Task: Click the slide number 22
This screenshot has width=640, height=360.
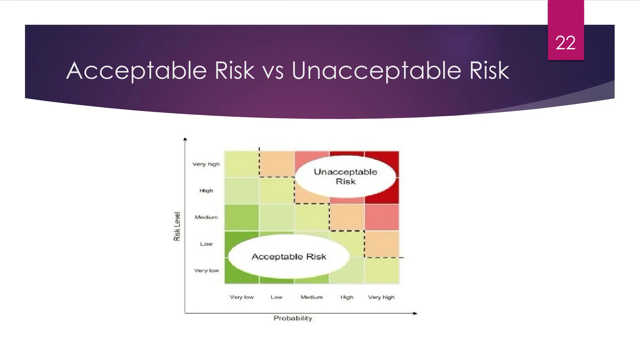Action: click(x=565, y=43)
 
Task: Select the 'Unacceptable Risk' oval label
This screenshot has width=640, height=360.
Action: click(x=345, y=177)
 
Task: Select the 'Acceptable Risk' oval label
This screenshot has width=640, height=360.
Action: click(x=289, y=257)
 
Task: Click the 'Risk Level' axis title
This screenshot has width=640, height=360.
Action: click(x=177, y=226)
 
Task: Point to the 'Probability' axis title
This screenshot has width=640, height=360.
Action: click(x=293, y=318)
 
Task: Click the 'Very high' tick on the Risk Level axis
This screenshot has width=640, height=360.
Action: click(x=206, y=164)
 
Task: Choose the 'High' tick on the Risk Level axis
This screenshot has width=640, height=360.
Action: click(x=206, y=191)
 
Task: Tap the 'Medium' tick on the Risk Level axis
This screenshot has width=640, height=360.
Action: click(x=206, y=217)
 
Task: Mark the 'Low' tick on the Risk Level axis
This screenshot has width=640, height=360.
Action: click(x=206, y=244)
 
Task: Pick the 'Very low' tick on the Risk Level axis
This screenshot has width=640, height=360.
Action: click(x=206, y=271)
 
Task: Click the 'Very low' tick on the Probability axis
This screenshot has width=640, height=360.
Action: click(x=242, y=297)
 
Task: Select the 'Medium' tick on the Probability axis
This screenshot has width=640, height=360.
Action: click(x=312, y=297)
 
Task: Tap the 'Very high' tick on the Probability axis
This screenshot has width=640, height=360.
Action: click(x=381, y=297)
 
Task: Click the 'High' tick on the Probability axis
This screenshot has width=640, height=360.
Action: click(x=347, y=297)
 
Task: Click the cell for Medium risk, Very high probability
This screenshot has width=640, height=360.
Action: click(x=382, y=217)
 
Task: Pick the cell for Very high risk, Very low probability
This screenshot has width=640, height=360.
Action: click(x=242, y=164)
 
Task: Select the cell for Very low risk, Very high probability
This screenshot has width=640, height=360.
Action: click(x=382, y=271)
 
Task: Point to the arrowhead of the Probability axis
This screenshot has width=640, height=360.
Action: click(x=415, y=313)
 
